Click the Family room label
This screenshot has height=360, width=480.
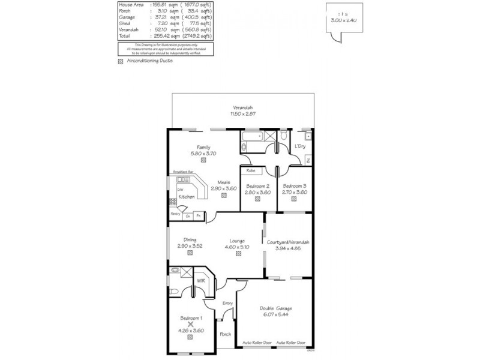pos(203,148)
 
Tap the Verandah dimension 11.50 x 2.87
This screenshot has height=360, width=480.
pos(241,113)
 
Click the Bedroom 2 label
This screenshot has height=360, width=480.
pos(258,186)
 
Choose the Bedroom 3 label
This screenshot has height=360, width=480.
pos(295,186)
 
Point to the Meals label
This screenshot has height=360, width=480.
pos(224,182)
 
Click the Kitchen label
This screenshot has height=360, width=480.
pos(186,196)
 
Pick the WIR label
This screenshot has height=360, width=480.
pos(202,280)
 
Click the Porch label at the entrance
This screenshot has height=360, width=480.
pos(225,334)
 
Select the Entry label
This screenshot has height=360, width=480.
pos(227,304)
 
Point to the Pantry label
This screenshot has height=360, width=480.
pos(175,214)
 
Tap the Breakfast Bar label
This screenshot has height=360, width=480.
pos(182,172)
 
